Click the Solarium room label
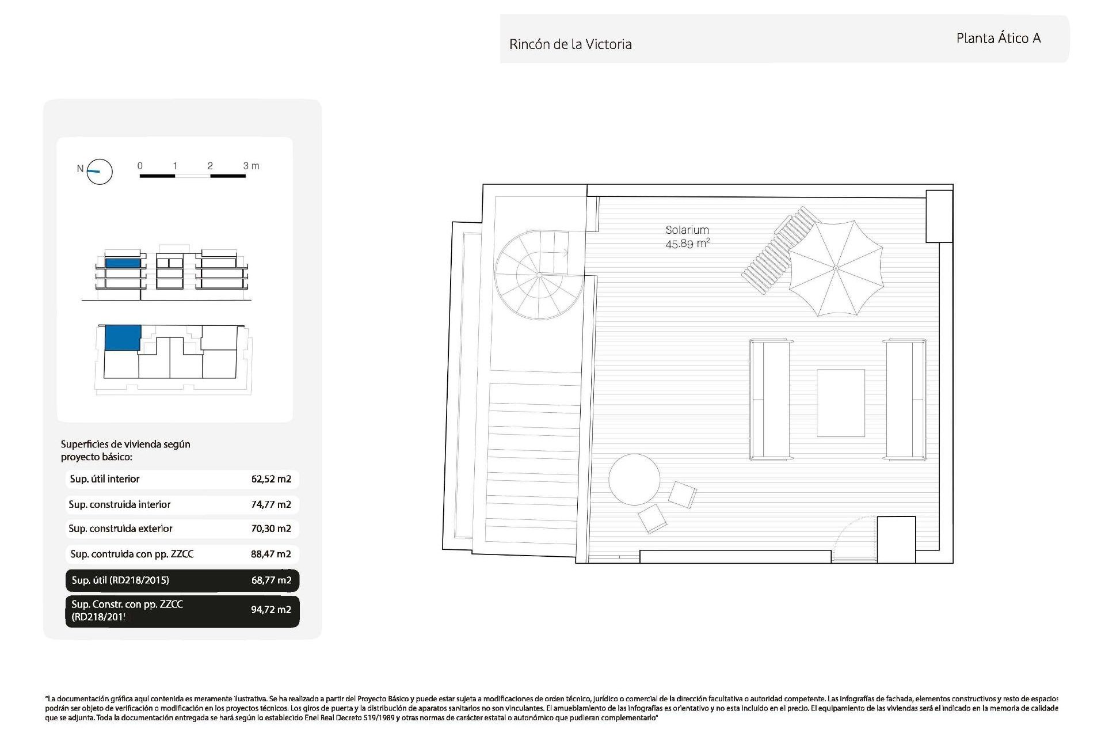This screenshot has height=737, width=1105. pyautogui.click(x=687, y=230)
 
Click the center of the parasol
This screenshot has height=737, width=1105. pyautogui.click(x=836, y=268)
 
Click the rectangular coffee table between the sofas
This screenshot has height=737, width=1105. pyautogui.click(x=841, y=403)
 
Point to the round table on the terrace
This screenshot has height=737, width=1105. pyautogui.click(x=634, y=480)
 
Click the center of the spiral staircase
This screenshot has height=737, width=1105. pyautogui.click(x=539, y=275)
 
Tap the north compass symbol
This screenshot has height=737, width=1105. pyautogui.click(x=99, y=172)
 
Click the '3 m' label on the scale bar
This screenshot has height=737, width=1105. pyautogui.click(x=251, y=166)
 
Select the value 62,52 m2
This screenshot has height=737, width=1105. pyautogui.click(x=271, y=479)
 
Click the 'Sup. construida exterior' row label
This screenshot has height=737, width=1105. pyautogui.click(x=120, y=529)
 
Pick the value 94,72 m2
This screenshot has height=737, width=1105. pyautogui.click(x=271, y=610)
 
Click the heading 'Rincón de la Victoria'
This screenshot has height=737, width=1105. pyautogui.click(x=570, y=44)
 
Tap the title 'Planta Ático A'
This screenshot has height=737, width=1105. pyautogui.click(x=998, y=39)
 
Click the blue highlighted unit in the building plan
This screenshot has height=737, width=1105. pyautogui.click(x=123, y=337)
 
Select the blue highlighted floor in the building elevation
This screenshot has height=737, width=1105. pyautogui.click(x=123, y=263)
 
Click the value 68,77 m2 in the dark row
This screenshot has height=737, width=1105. pyautogui.click(x=271, y=580)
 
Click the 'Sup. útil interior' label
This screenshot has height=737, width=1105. pyautogui.click(x=105, y=479)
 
